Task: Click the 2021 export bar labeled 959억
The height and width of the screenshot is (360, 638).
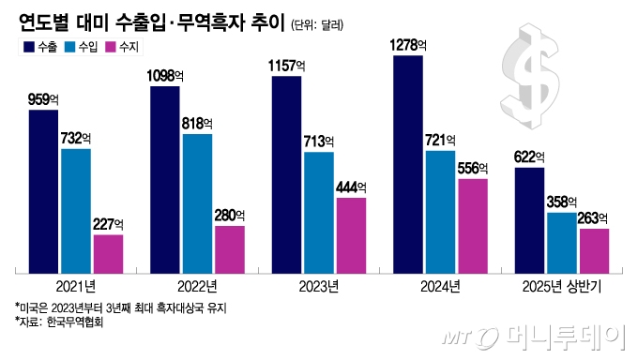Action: coord(44,191)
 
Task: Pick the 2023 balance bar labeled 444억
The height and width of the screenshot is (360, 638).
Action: coord(351,234)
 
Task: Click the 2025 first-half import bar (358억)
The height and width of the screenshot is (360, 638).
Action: coord(562,242)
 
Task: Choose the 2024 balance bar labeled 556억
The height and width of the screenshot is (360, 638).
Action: coord(473,225)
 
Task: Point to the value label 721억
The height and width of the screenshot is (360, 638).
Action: coord(441,139)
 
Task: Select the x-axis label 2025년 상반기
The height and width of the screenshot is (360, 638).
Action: coord(562,285)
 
